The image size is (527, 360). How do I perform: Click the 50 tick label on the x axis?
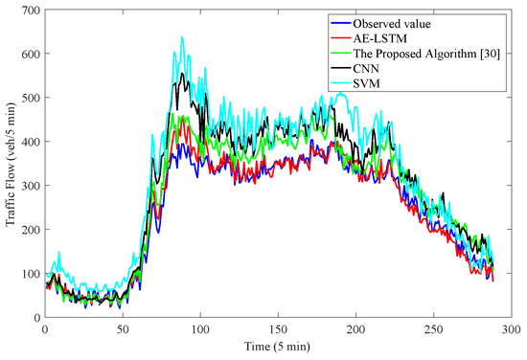click(x=123, y=328)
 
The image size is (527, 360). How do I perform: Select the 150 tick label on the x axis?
click(x=278, y=328)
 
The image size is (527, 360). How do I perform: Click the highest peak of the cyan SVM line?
click(x=182, y=37)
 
